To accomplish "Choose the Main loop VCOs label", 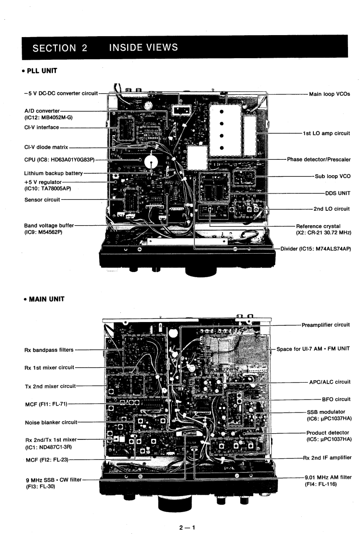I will [x=332, y=94].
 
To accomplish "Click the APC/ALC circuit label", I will [x=329, y=382].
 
